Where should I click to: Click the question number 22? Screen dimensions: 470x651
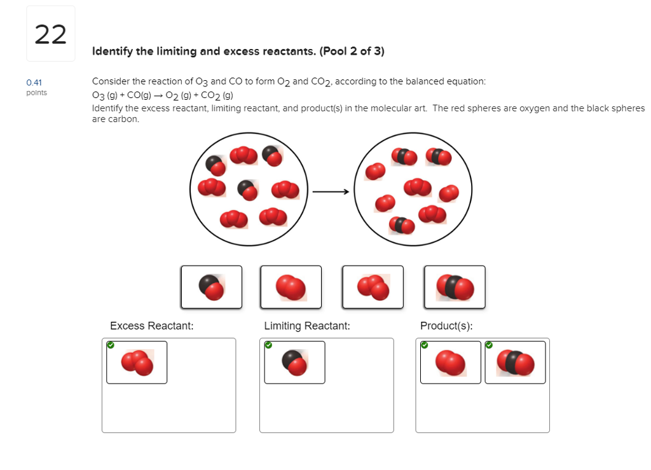coord(50,34)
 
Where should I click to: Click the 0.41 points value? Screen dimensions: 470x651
coord(34,83)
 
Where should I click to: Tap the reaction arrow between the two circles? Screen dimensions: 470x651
coord(331,191)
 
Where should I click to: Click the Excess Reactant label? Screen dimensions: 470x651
coord(151,326)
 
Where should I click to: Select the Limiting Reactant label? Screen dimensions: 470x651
coord(307,326)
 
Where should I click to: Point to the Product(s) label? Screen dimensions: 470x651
coord(446,326)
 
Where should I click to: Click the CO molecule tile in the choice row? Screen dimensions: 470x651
coord(211,287)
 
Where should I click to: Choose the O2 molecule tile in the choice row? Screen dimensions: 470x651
coord(291,287)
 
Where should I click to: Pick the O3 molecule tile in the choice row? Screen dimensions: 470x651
coord(373,287)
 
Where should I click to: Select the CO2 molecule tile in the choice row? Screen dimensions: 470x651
coord(455,287)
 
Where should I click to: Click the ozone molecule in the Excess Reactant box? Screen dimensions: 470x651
coord(137,363)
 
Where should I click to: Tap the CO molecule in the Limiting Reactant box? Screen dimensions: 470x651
coord(294,363)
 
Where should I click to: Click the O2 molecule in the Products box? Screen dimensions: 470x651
coord(450,363)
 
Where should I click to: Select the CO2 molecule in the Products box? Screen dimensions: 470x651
coord(515,363)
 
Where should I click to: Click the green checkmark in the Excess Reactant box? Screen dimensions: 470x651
coord(111,345)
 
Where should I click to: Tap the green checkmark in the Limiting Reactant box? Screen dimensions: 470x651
coord(268,345)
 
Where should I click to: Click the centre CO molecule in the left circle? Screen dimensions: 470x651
coord(247,189)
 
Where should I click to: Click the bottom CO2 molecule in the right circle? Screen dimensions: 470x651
coord(402,225)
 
